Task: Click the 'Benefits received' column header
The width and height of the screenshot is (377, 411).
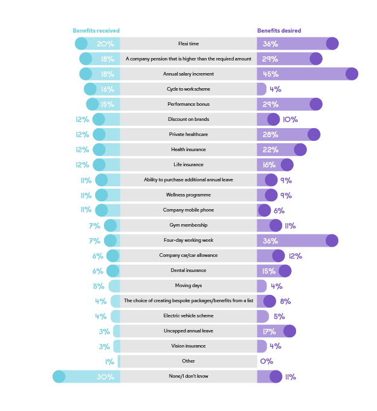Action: tap(97, 31)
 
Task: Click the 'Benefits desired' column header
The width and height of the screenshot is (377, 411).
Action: tap(279, 31)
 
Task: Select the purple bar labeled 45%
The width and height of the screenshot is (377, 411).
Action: tap(308, 74)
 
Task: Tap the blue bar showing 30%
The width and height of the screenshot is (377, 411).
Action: tap(86, 377)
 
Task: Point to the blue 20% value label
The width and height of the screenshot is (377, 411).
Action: tap(105, 44)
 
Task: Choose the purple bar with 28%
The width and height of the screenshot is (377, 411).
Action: tap(289, 134)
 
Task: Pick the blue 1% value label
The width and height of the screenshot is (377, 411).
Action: tap(109, 361)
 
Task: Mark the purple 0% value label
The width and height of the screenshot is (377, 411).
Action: tap(266, 361)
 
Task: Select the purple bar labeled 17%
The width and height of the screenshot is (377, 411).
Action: tap(276, 331)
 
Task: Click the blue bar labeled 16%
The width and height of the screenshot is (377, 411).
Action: tap(102, 89)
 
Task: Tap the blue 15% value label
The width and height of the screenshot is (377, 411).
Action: tap(108, 104)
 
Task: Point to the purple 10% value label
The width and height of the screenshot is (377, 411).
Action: tap(290, 119)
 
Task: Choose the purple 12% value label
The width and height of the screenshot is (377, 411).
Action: tap(295, 256)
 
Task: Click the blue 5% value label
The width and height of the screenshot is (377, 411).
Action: tap(98, 286)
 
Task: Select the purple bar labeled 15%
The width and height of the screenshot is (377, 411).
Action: tap(274, 271)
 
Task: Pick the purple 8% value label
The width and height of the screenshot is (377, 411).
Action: tap(285, 301)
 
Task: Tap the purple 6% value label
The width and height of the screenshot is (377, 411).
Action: tap(279, 210)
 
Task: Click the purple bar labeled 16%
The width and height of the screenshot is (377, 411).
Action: tap(275, 164)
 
